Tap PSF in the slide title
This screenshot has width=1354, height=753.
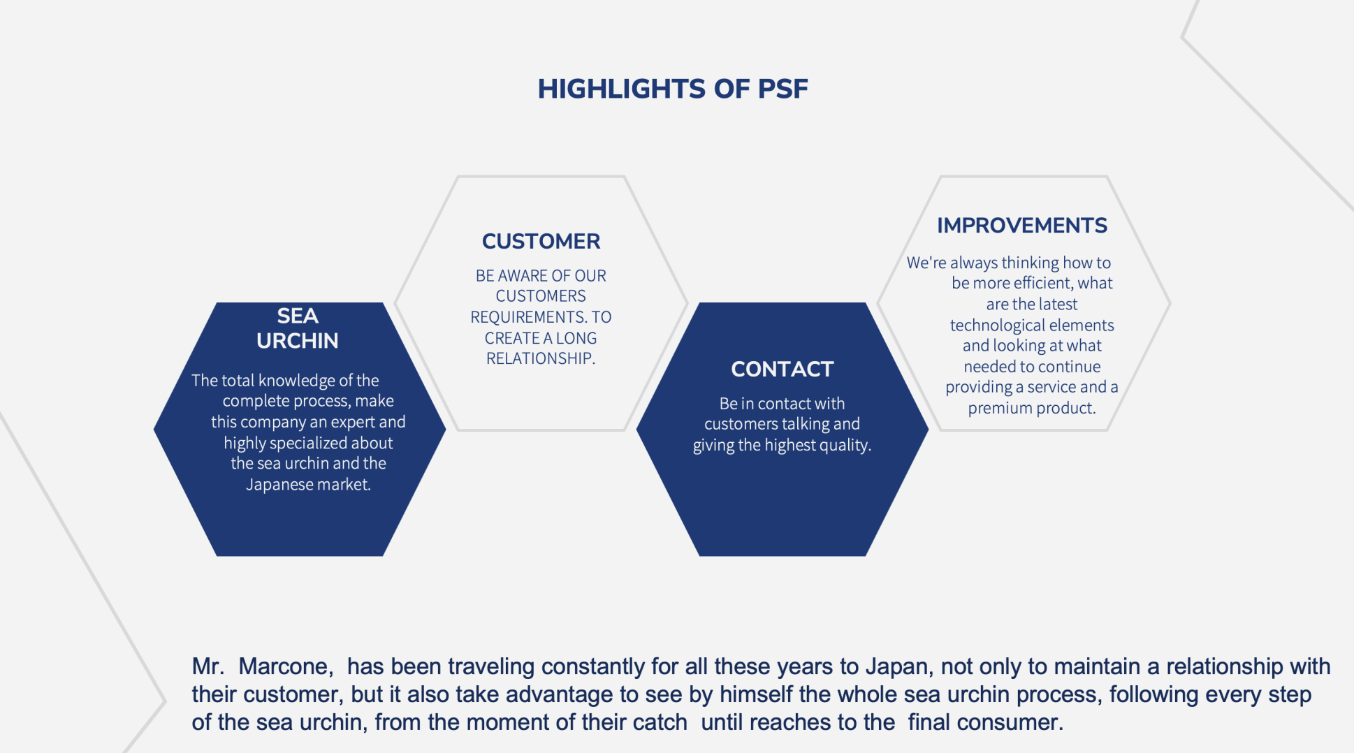[782, 89]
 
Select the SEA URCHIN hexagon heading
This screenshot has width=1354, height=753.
[298, 328]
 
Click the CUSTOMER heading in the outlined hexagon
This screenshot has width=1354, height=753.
[541, 242]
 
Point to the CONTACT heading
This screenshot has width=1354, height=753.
[782, 370]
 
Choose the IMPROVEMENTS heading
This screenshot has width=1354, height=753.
[1022, 226]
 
